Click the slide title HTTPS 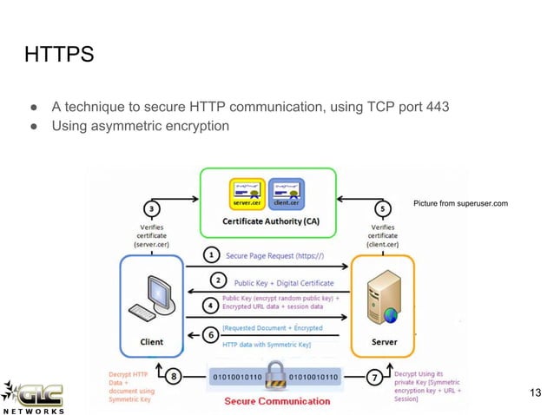(58, 56)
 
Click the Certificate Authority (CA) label (270, 221)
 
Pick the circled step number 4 (209, 305)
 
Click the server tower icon (380, 297)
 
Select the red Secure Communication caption (277, 401)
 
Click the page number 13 (534, 394)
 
